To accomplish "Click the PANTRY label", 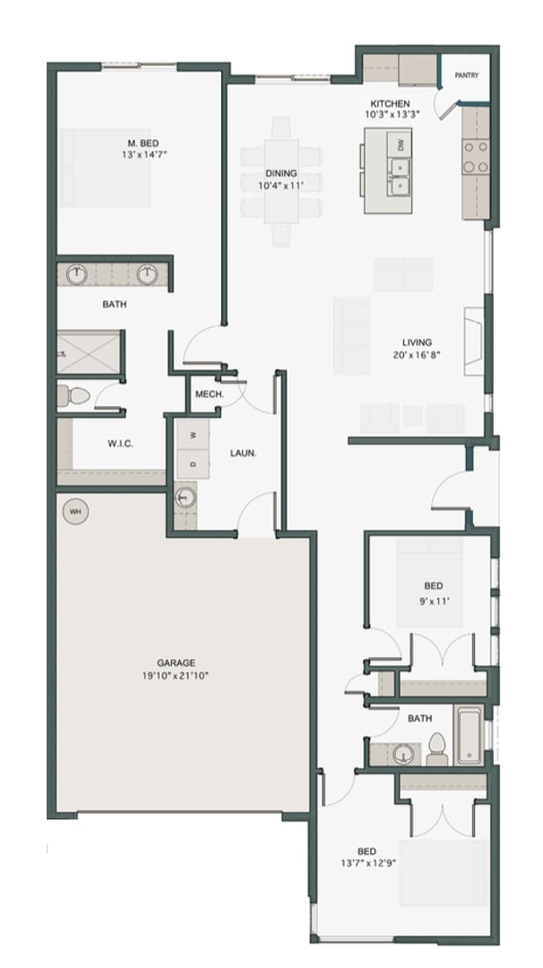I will (x=466, y=76).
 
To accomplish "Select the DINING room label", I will (x=280, y=173).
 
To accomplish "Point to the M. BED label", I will (x=138, y=143).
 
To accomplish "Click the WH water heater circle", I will (x=75, y=511).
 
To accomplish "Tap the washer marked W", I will (x=193, y=436).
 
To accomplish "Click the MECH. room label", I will (x=209, y=394).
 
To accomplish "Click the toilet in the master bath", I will (x=73, y=394).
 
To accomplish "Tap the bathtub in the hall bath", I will (x=470, y=735).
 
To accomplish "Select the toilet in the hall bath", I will (x=436, y=748).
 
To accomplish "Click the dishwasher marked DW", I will (x=401, y=144).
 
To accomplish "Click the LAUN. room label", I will (x=243, y=454).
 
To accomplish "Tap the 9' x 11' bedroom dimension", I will (x=435, y=601).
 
